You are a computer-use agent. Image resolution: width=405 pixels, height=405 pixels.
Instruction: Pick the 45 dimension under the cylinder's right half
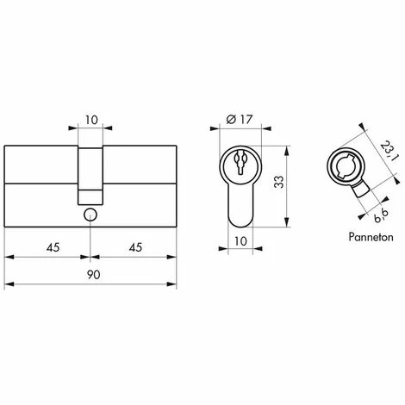coord(134,246)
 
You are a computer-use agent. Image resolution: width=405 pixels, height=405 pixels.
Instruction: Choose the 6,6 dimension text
coord(371,205)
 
